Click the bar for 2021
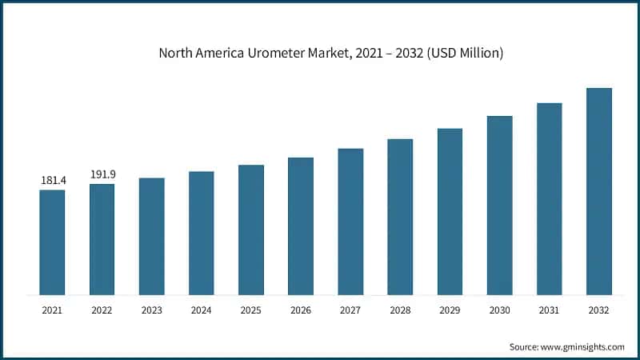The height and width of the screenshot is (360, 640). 53,242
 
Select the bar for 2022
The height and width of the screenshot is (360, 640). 102,239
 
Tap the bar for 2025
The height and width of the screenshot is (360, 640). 251,230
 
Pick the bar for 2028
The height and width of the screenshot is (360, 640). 400,217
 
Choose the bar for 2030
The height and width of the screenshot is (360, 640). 499,205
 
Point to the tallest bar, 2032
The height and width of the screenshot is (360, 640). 598,191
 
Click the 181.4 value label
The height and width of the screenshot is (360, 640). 53,182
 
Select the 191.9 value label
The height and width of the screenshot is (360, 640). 102,175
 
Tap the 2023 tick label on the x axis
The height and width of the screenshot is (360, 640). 152,310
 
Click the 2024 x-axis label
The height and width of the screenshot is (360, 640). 202,310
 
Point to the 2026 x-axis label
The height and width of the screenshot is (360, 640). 301,310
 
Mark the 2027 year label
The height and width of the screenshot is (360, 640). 350,310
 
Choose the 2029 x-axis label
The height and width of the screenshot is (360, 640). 450,310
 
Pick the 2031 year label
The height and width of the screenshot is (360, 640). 549,310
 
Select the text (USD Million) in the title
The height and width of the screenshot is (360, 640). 464,54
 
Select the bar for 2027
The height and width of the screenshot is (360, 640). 350,222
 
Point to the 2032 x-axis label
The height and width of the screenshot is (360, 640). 598,310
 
